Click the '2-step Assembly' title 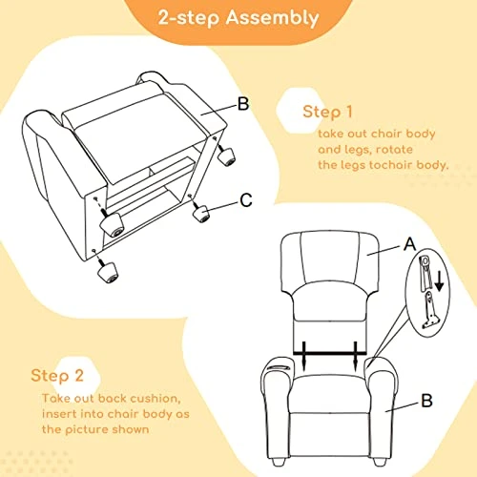click(238, 17)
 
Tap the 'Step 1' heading click(327, 112)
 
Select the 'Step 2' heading click(57, 376)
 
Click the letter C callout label click(246, 200)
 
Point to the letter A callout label click(409, 244)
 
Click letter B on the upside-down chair click(243, 104)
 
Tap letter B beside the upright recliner click(426, 401)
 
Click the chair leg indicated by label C click(201, 214)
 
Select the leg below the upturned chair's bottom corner click(108, 271)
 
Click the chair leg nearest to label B click(226, 156)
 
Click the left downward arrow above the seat click(303, 356)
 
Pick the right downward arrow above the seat click(356, 356)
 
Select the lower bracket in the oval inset click(429, 310)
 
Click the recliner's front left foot click(279, 462)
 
